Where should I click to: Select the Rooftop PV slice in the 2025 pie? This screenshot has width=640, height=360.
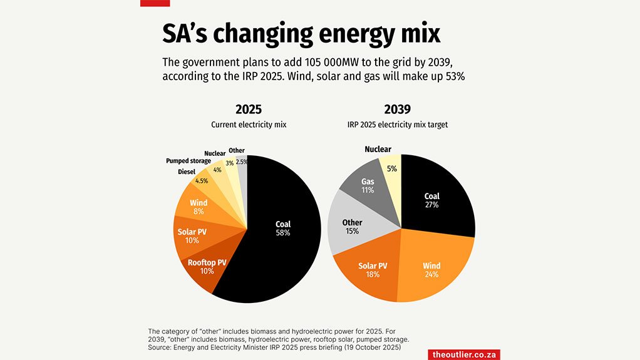pos(201,267)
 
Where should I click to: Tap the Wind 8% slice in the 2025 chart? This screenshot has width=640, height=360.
pos(198,207)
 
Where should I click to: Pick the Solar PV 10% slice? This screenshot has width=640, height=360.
pos(192,236)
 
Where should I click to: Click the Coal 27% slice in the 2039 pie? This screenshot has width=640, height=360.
pos(432,200)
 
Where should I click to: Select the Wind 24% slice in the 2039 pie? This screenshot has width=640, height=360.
pos(431,269)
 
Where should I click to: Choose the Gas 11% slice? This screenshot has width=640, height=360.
pos(368,185)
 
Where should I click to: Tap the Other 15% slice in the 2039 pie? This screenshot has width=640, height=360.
pos(352,227)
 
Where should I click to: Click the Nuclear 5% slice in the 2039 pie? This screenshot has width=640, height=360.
pos(391,169)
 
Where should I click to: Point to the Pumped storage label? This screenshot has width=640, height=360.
pos(188,161)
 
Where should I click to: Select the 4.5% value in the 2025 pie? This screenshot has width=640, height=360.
pos(202,181)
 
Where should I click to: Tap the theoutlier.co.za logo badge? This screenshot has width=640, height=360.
pos(464,354)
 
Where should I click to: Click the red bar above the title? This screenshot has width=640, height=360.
pos(155,3)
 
